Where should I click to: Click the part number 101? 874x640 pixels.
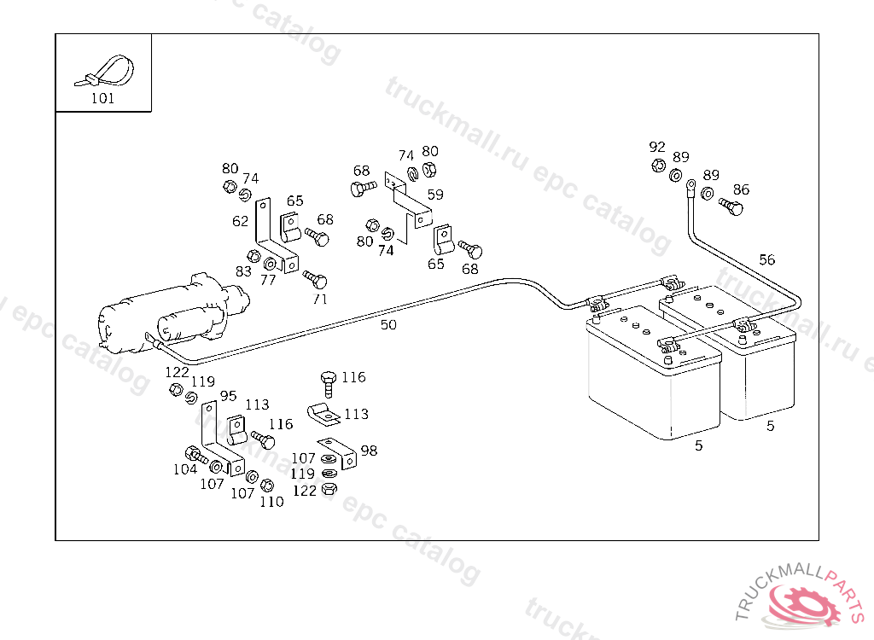pyautogui.click(x=102, y=98)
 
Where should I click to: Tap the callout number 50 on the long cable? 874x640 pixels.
pyautogui.click(x=388, y=324)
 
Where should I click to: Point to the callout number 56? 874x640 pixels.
pyautogui.click(x=767, y=259)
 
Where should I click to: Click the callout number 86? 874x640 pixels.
pyautogui.click(x=741, y=189)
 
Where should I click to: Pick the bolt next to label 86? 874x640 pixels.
pyautogui.click(x=731, y=206)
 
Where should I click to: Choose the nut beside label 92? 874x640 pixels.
pyautogui.click(x=658, y=166)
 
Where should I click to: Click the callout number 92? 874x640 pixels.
pyautogui.click(x=656, y=147)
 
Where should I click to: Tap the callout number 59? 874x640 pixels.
pyautogui.click(x=435, y=195)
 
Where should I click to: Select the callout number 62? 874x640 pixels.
pyautogui.click(x=241, y=221)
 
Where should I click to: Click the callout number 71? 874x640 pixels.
pyautogui.click(x=319, y=299)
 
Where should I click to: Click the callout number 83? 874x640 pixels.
pyautogui.click(x=244, y=271)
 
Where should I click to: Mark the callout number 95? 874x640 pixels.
pyautogui.click(x=228, y=395)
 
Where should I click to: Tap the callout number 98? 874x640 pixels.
pyautogui.click(x=369, y=451)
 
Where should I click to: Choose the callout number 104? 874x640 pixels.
pyautogui.click(x=185, y=469)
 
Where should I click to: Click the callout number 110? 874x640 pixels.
pyautogui.click(x=271, y=502)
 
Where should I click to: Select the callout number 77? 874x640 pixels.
pyautogui.click(x=268, y=279)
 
